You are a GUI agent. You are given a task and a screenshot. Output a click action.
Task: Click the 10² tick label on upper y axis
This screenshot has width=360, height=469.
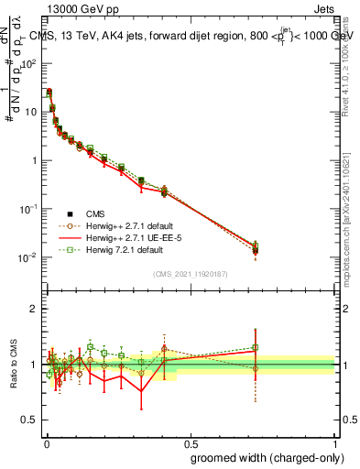pos(29,64)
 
